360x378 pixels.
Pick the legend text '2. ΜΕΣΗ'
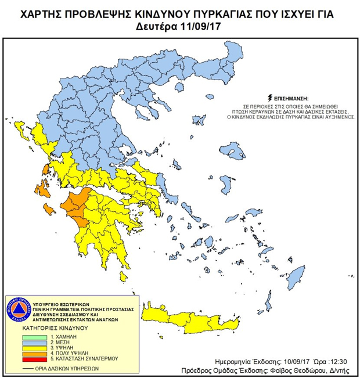[60, 343]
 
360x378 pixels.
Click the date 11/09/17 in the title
[203, 26]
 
